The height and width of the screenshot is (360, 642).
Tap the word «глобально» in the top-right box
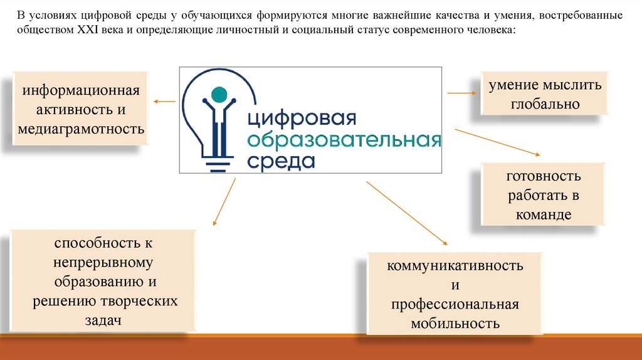544,104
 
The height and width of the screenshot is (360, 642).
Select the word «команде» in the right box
544,214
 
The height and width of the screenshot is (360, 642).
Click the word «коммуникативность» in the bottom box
455,265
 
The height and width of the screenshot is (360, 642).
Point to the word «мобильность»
455,324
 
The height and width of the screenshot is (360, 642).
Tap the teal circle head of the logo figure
218,95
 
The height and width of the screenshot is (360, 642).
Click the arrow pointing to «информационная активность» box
164,100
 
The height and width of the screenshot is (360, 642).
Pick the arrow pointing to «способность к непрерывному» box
224,201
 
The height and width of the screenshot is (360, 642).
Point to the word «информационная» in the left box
81,91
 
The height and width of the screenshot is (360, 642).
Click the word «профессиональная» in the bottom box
455,304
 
